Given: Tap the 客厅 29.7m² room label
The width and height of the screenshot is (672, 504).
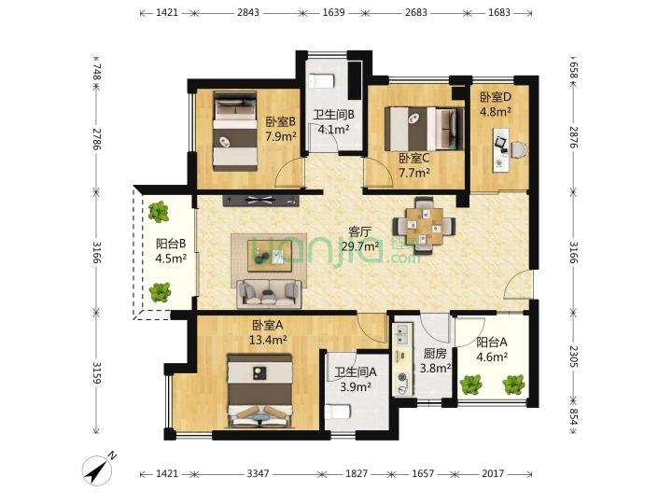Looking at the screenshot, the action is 360,239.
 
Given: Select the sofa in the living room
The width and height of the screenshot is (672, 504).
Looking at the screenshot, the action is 269,294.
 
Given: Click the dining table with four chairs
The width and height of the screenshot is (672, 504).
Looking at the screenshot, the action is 425,226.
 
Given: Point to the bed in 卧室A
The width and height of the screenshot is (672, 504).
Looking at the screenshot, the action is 260,390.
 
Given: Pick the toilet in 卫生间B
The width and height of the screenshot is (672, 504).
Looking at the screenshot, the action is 321,81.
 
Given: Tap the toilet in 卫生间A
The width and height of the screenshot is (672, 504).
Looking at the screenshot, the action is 339,413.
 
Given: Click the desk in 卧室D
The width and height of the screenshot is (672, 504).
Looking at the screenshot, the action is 501,149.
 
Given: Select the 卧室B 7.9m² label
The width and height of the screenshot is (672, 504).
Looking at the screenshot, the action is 281,130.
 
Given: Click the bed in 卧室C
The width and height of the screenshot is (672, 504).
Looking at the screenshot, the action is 425,129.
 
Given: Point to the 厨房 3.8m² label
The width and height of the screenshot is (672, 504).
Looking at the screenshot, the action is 435,360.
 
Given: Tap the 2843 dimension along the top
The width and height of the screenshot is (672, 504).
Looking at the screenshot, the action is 248,12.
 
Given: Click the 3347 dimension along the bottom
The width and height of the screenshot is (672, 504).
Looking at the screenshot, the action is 258,473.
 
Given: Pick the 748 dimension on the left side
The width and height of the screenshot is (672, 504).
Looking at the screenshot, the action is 96,71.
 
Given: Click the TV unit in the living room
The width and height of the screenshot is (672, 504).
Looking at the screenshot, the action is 260,201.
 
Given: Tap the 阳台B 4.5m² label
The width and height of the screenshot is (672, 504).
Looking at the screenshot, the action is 171,251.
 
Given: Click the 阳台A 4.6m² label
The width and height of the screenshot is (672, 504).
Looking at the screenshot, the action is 492,349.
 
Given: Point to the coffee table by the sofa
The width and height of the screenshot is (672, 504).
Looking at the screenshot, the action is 270,256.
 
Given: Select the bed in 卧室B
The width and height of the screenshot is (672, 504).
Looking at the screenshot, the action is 235,131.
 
